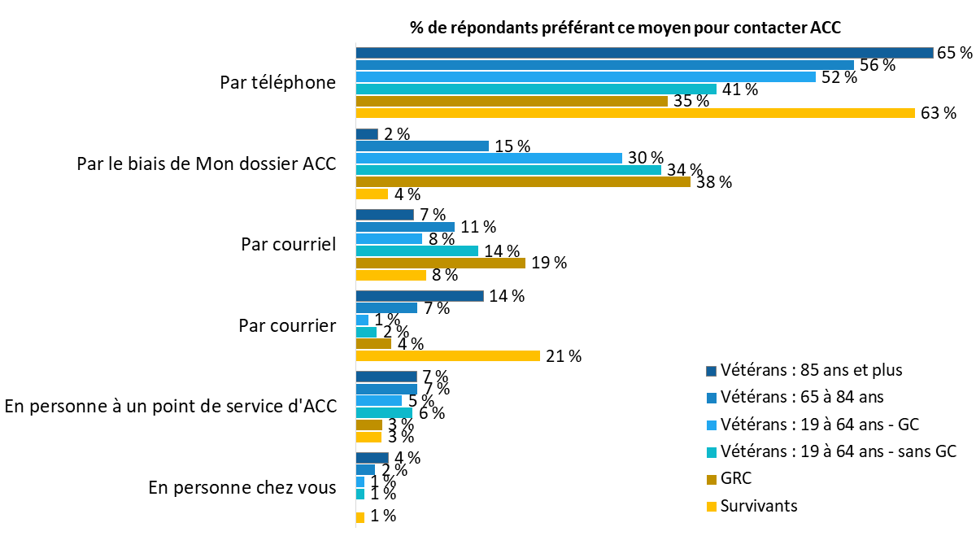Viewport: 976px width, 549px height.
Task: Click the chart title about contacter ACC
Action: [x=625, y=28]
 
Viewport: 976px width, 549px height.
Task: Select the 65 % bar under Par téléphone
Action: [x=643, y=53]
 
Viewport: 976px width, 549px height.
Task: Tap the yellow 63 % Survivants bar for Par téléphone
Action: [x=635, y=113]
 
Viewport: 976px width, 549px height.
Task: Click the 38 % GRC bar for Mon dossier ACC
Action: [x=523, y=182]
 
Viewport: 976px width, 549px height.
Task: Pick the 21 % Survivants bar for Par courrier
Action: [x=448, y=355]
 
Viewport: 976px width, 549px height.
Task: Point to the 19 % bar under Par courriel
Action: [x=440, y=263]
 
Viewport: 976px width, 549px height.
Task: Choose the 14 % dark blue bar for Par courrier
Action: [x=420, y=296]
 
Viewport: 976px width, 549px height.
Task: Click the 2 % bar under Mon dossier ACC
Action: [x=367, y=134]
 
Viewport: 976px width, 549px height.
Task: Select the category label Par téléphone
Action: [x=277, y=83]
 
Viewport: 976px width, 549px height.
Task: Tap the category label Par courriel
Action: [x=288, y=245]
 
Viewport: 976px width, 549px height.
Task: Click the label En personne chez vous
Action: [x=242, y=488]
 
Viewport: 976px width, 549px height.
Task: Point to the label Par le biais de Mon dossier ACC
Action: [x=206, y=163]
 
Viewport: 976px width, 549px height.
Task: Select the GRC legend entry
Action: [x=735, y=478]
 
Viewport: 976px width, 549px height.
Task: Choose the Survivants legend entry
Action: [x=758, y=505]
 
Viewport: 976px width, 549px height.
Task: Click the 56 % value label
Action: [x=877, y=65]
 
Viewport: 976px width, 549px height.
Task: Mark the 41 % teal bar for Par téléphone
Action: [x=536, y=89]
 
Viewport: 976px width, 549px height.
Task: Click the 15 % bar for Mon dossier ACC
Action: [x=422, y=146]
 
